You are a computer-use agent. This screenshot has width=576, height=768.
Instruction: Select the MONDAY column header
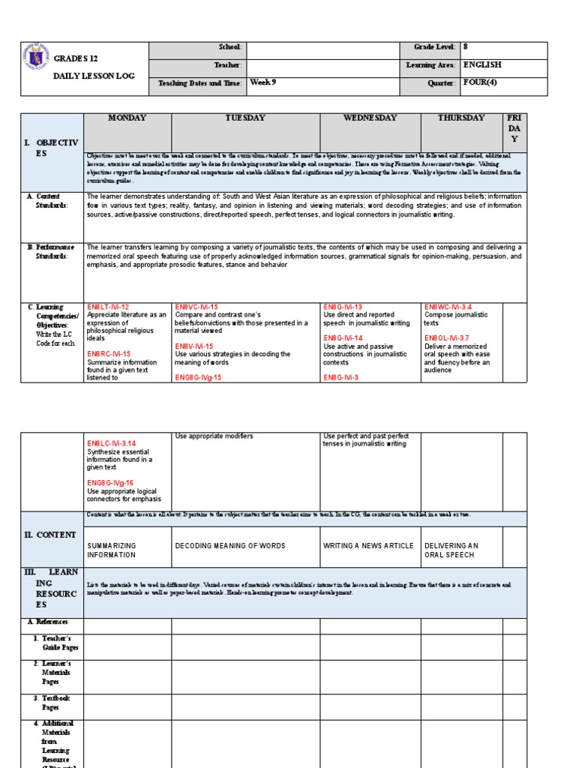pos(127,118)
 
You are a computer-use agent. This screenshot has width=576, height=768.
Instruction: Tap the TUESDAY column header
pos(246,118)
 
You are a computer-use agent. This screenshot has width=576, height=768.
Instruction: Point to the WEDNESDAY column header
pos(370,118)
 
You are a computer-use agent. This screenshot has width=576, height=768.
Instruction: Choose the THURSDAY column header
pos(461,118)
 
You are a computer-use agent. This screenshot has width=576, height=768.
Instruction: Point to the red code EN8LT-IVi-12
pos(108,307)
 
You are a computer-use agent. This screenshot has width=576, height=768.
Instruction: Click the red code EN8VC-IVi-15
pos(196,307)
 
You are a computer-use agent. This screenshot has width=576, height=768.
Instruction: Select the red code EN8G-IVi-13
pos(343,307)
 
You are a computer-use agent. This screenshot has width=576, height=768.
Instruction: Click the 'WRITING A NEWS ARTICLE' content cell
pos(368,546)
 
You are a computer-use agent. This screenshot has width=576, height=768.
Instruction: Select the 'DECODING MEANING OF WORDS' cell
pos(230,546)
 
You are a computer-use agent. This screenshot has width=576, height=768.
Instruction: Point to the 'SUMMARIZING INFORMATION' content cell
pos(112,550)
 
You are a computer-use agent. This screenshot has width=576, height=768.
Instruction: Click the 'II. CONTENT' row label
pos(50,535)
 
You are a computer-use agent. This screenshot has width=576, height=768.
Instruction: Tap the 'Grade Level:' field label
pos(434,47)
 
